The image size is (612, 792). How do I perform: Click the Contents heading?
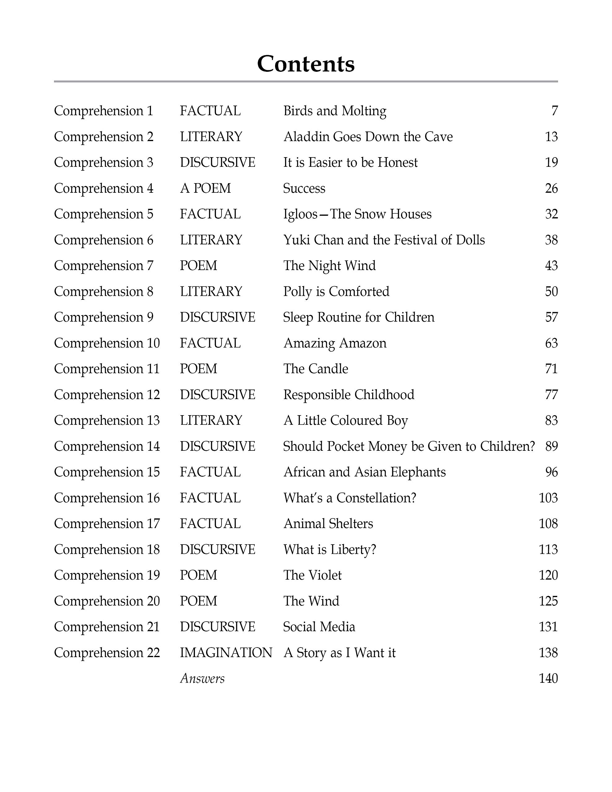(x=305, y=64)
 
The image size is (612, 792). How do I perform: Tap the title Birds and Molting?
(x=334, y=111)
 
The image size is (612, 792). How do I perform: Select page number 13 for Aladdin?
(x=551, y=137)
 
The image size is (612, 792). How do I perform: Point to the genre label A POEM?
(x=205, y=188)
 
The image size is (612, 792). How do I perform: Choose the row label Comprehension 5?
(x=103, y=214)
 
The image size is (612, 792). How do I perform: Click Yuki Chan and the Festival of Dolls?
(x=384, y=240)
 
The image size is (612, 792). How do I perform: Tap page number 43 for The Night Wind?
(x=551, y=266)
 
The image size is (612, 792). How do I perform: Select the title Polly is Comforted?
(x=336, y=291)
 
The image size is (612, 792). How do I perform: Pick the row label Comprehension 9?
(x=103, y=317)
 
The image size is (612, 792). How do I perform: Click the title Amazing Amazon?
(x=334, y=343)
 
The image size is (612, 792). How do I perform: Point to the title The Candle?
(x=316, y=369)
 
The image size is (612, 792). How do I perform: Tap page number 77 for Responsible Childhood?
(x=551, y=394)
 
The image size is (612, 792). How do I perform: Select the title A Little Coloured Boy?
(x=345, y=420)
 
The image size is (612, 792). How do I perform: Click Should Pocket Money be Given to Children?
(x=409, y=446)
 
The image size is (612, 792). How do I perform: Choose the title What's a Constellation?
(x=350, y=498)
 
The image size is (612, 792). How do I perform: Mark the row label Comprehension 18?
(x=107, y=549)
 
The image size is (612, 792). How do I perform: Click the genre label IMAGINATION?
(x=226, y=653)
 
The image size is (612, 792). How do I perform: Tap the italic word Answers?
(x=202, y=678)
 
